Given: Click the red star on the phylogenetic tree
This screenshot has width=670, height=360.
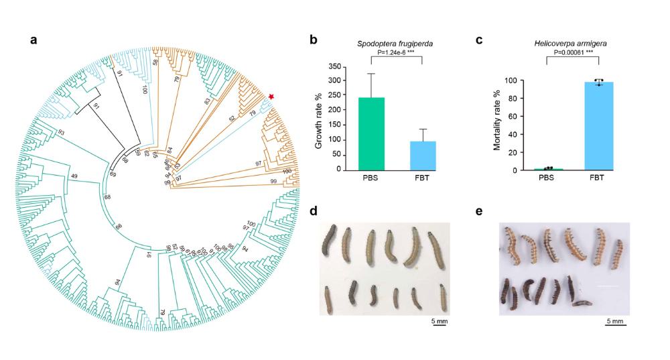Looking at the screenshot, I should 271,98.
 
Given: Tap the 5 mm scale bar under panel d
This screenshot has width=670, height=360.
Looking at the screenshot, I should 439,322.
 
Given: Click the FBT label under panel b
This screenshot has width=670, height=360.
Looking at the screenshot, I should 422,180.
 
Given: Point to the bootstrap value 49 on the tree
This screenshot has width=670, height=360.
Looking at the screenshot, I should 74,176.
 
